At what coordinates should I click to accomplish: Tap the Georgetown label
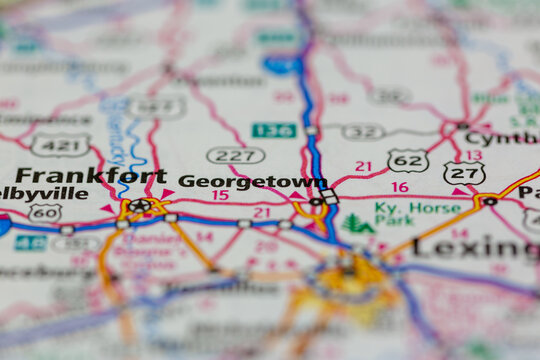[252, 181]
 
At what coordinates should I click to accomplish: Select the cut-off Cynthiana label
[501, 138]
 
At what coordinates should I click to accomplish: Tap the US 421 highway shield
[59, 145]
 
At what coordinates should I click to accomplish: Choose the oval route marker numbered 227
[235, 155]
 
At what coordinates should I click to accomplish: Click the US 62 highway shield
[408, 160]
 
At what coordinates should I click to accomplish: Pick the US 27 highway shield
[465, 173]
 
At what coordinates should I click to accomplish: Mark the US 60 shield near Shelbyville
[44, 212]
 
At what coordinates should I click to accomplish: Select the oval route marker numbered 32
[362, 131]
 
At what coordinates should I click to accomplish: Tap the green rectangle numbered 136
[273, 130]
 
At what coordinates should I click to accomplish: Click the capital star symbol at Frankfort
[139, 207]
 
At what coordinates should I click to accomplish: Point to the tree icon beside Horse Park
[357, 223]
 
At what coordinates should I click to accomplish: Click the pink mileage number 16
[400, 187]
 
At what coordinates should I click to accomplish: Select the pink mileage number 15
[220, 195]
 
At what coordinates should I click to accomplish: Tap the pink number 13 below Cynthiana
[473, 155]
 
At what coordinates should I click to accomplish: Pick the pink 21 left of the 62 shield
[363, 166]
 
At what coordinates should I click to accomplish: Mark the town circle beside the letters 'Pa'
[490, 200]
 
